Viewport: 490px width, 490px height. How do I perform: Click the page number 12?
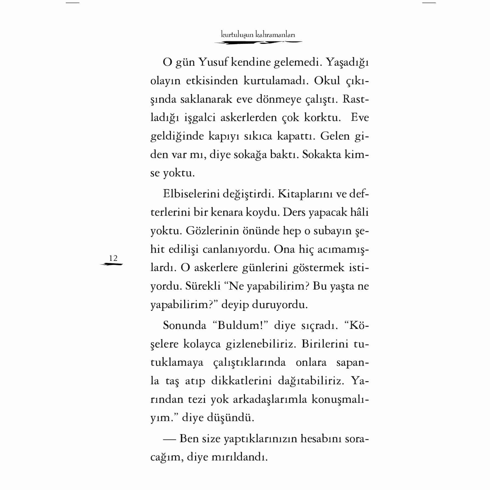click(113, 258)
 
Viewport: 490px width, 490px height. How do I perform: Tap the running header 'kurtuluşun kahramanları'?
click(258, 35)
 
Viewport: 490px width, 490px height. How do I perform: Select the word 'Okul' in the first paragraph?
click(327, 81)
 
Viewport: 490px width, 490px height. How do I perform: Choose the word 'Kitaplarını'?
click(301, 194)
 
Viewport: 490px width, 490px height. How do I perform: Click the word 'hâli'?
click(360, 212)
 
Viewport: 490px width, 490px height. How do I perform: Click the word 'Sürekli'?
click(203, 286)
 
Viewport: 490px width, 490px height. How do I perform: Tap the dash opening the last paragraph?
click(169, 439)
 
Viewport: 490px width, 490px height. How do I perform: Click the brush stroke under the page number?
click(112, 264)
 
